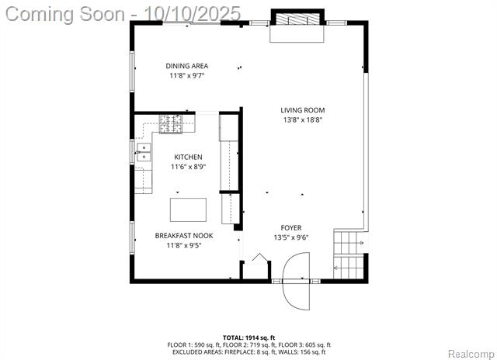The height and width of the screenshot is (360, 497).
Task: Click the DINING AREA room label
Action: [187, 66]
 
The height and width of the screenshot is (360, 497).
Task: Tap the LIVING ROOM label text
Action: [303, 110]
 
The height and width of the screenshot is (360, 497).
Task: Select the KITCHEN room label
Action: [188, 157]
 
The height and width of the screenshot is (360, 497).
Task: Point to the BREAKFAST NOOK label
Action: [184, 236]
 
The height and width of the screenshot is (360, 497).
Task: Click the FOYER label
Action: [291, 227]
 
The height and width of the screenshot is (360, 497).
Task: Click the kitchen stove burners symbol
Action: [171, 124]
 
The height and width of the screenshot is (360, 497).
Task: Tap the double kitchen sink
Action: [144, 152]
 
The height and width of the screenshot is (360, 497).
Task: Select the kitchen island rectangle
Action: [188, 210]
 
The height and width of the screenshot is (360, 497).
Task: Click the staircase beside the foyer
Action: [349, 255]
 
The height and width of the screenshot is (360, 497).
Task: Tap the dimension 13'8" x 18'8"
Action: [303, 120]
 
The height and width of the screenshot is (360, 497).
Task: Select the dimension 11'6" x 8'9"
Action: [188, 167]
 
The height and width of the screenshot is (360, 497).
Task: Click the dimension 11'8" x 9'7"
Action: [187, 76]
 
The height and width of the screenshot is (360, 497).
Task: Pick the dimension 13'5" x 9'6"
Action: [291, 237]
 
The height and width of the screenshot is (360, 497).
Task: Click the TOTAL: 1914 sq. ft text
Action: [247, 337]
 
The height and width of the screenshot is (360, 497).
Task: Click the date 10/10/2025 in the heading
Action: [193, 14]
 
